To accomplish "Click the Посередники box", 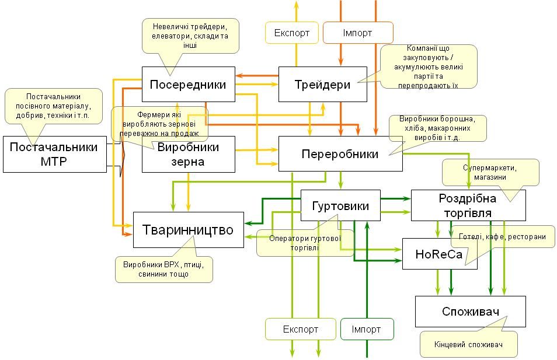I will [x=188, y=84].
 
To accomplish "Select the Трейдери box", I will [x=322, y=84].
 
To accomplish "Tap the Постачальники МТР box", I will [x=54, y=154].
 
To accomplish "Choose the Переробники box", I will [x=340, y=154].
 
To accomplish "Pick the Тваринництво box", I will [x=188, y=230].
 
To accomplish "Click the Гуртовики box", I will [x=340, y=205].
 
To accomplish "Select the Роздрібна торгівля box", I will [x=468, y=205].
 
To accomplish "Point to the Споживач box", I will [x=470, y=311].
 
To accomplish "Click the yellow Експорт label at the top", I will [x=292, y=33].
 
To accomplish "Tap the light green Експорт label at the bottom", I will [x=300, y=329].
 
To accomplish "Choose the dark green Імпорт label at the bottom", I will [x=366, y=329].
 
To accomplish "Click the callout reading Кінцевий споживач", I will [x=469, y=344].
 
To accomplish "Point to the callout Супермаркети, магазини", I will [x=490, y=172].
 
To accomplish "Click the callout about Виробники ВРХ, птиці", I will [x=164, y=269].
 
